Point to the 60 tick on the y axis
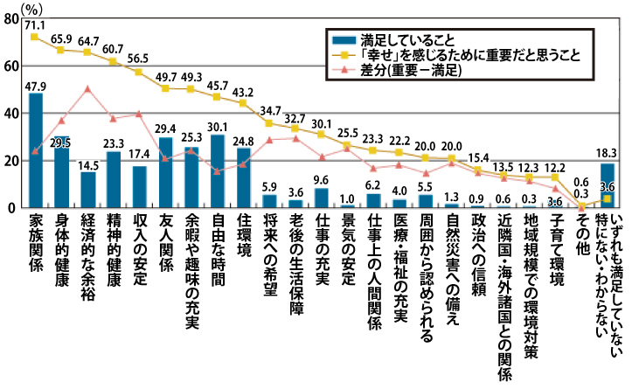10,66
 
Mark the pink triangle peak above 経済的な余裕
87,88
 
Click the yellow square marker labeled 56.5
139,73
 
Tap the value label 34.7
269,113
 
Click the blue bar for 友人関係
165,172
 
